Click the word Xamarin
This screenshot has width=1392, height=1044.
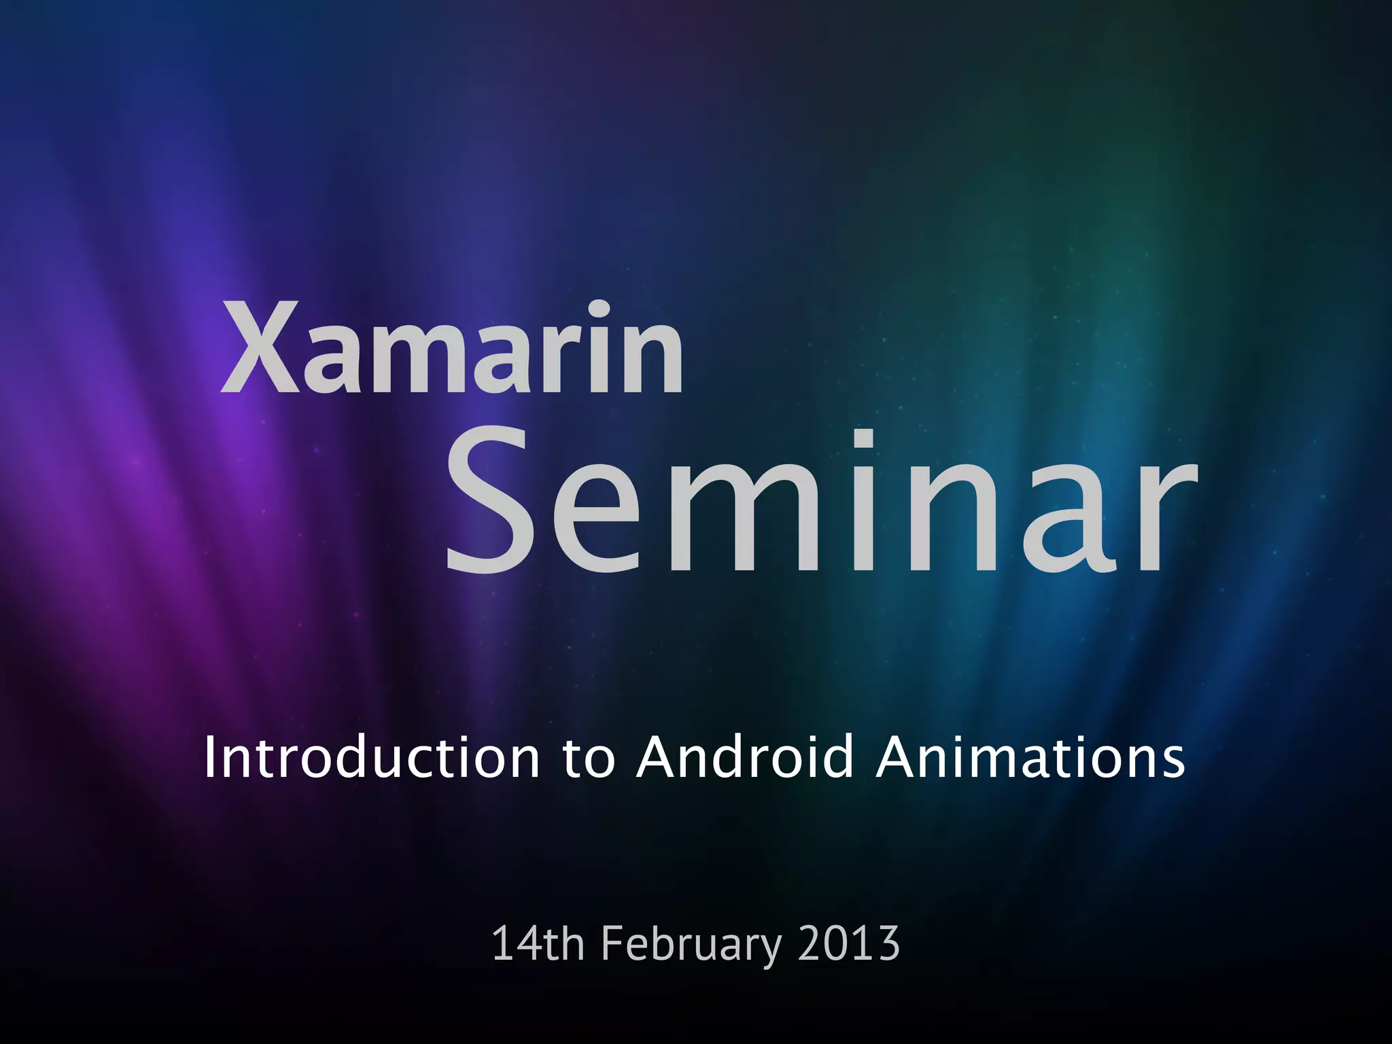452,348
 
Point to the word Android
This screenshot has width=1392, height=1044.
745,757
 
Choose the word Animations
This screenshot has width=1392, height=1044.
1030,757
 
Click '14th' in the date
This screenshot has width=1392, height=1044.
537,943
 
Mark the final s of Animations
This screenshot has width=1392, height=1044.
1172,762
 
